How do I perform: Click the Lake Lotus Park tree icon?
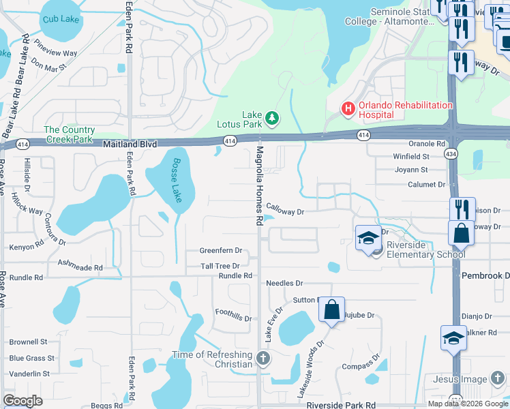point(272,119)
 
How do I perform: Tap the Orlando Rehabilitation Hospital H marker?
point(348,108)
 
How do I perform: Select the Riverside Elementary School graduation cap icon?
point(368,238)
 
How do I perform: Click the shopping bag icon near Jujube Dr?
point(332,310)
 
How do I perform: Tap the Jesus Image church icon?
point(498,379)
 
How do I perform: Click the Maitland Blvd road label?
point(130,145)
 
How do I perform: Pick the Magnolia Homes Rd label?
point(259,185)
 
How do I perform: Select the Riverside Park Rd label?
point(341,404)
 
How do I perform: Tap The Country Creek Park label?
point(68,134)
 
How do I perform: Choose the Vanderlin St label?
point(29,374)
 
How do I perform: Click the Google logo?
point(22,401)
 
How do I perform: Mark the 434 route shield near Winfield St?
point(451,155)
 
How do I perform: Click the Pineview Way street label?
point(56,52)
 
